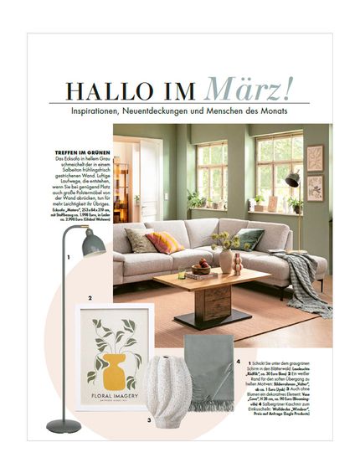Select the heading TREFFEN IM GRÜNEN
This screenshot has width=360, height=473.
(x=80, y=152)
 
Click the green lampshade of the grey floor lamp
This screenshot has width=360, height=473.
(x=91, y=244)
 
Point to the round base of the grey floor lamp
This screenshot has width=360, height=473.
(x=64, y=426)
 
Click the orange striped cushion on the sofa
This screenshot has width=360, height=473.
(x=164, y=243)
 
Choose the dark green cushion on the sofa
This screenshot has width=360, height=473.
(x=249, y=239)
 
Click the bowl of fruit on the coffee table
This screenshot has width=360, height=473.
(x=201, y=268)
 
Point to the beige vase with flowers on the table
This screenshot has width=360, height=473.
(x=224, y=259)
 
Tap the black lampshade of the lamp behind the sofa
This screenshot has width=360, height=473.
(x=293, y=178)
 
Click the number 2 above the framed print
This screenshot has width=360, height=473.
(x=90, y=299)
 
